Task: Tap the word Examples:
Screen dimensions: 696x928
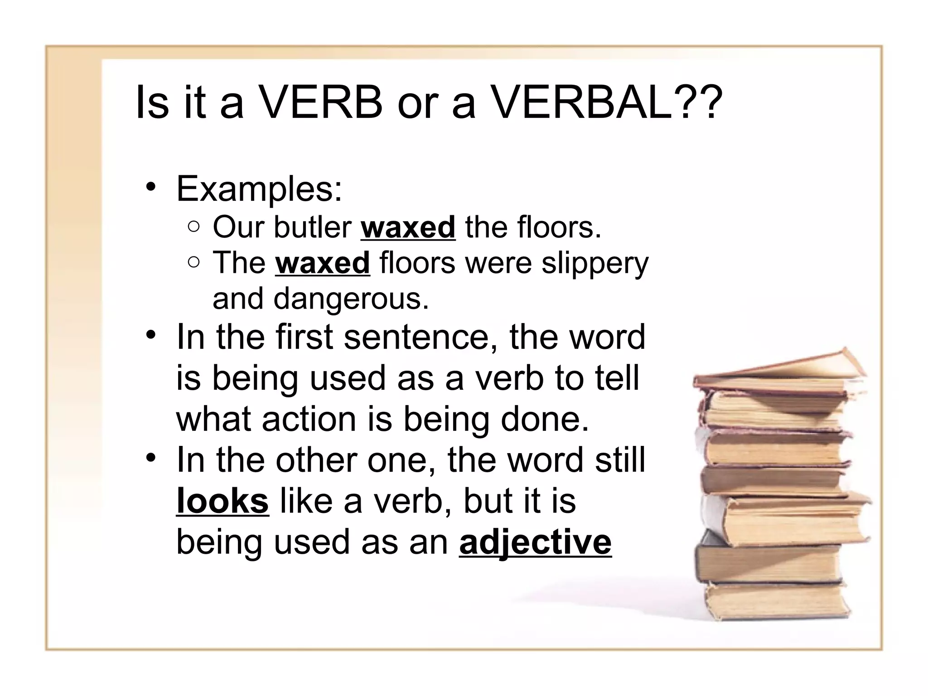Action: (259, 188)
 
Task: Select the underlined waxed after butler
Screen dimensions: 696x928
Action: (408, 227)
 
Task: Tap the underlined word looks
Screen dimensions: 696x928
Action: (222, 502)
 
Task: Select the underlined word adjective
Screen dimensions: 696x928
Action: (535, 542)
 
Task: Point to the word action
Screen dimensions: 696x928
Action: (309, 419)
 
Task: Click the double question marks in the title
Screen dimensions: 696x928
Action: (698, 103)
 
